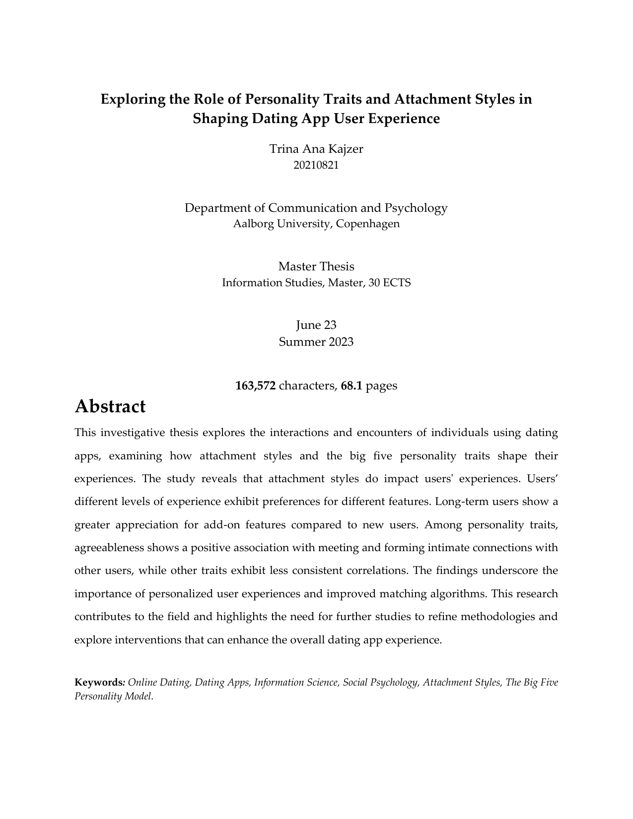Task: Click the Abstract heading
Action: (110, 406)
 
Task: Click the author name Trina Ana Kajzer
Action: (316, 149)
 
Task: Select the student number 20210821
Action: (316, 165)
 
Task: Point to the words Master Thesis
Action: (316, 266)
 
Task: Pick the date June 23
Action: (316, 325)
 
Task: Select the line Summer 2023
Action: (316, 342)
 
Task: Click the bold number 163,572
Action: (255, 385)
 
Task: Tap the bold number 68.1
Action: (352, 385)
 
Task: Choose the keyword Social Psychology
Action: (381, 683)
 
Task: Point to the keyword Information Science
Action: (296, 683)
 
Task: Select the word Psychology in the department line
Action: (417, 208)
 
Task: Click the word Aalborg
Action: (253, 224)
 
